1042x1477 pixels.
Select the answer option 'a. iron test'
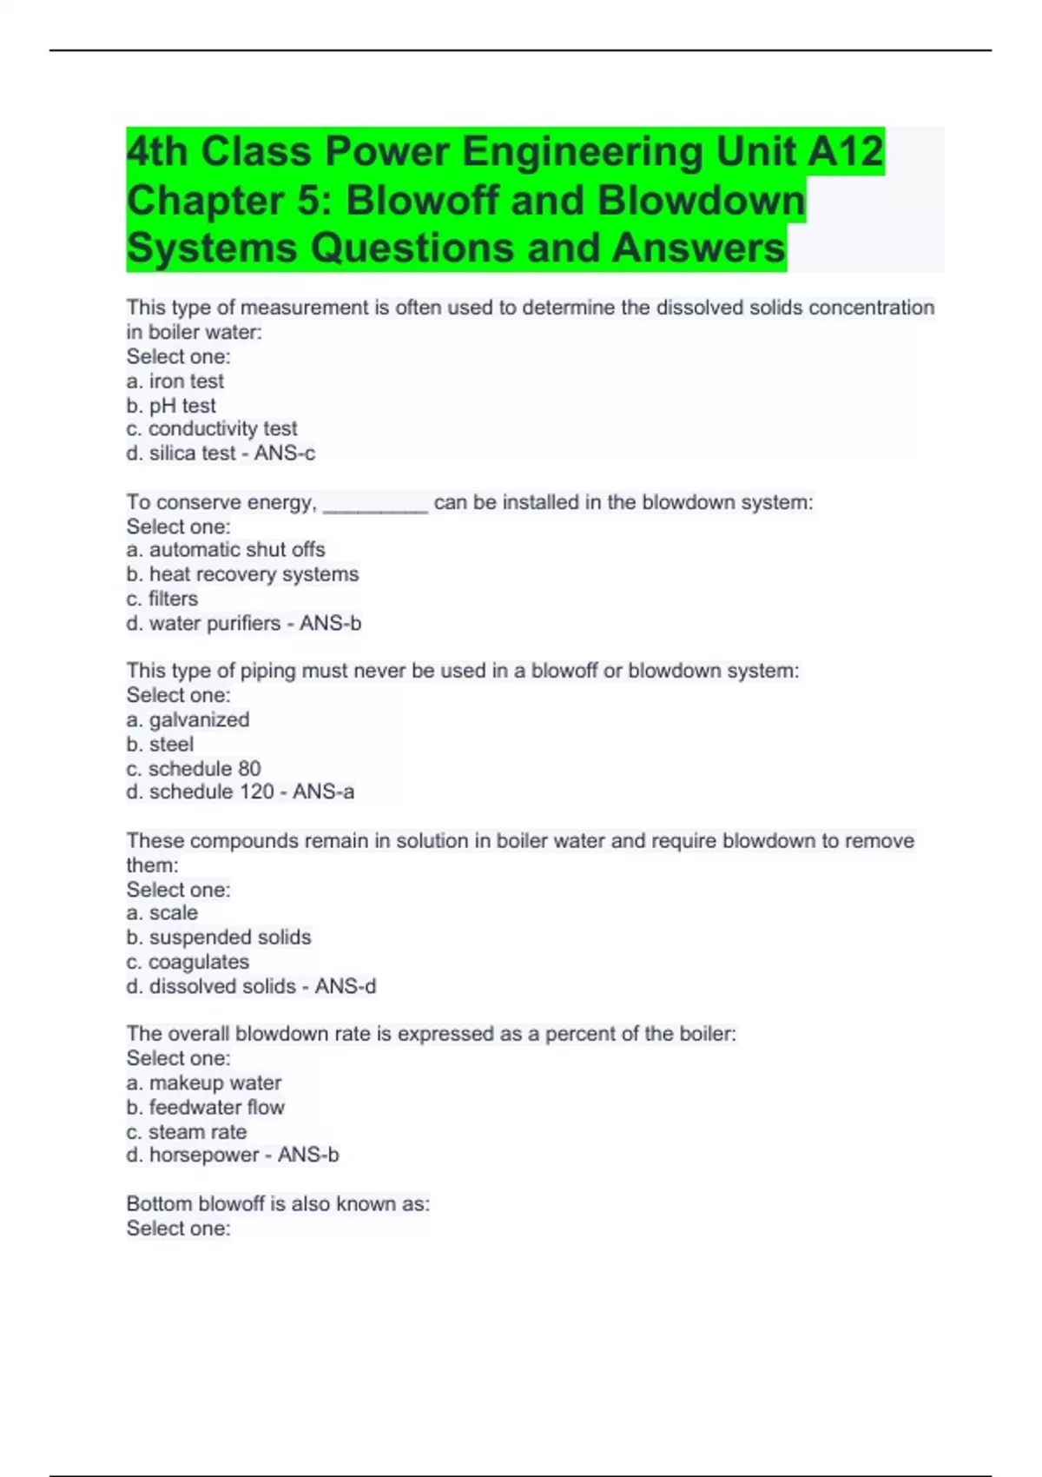coord(175,381)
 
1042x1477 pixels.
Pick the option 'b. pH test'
coord(171,405)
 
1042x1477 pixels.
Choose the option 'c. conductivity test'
coord(212,428)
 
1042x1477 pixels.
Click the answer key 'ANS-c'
coord(285,453)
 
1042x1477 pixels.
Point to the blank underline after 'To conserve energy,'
coord(375,504)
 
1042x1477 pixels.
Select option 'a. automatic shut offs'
coord(226,549)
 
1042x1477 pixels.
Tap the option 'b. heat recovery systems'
coord(242,573)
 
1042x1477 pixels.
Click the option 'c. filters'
coord(162,599)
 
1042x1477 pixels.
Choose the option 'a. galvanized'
coord(188,719)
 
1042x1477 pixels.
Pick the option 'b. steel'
coord(160,744)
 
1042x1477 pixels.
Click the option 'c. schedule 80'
coord(194,768)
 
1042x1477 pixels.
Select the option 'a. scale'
coord(162,912)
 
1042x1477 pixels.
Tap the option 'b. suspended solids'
coord(219,937)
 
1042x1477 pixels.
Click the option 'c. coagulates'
coord(188,962)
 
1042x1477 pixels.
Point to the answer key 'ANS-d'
coord(346,986)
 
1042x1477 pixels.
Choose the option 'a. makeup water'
coord(204,1083)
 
